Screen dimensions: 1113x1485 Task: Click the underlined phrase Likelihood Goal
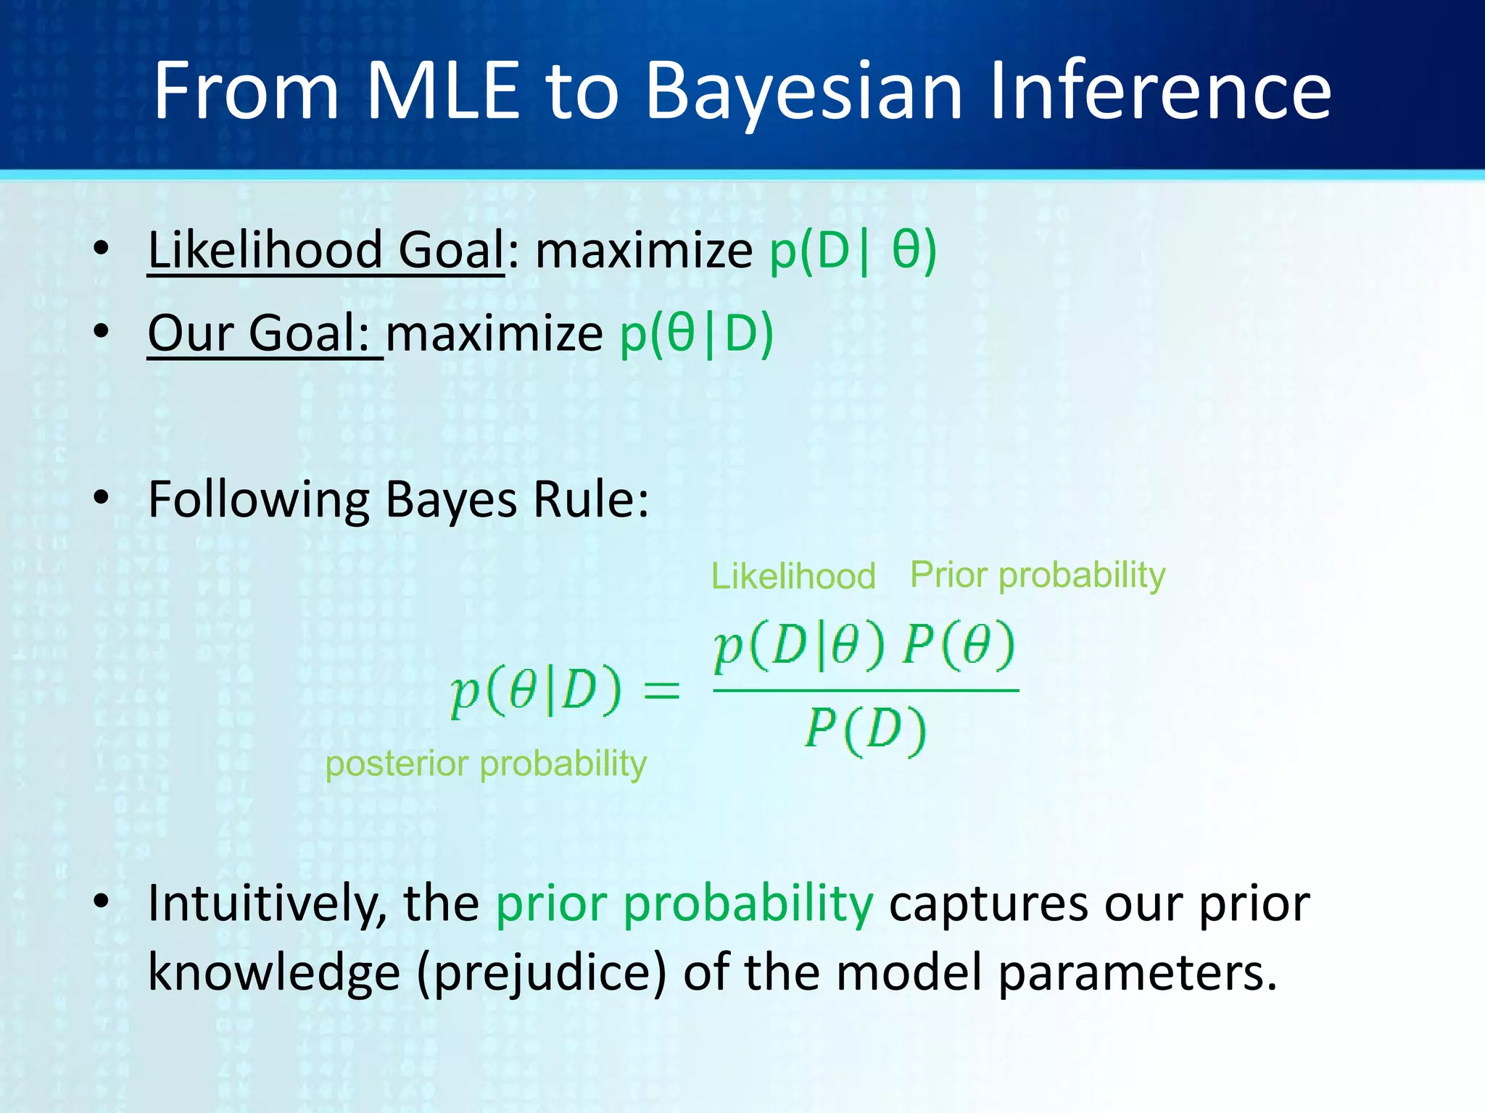pyautogui.click(x=326, y=250)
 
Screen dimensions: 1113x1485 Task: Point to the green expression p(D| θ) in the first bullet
pyautogui.click(x=853, y=250)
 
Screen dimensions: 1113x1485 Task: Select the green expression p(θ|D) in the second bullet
pyautogui.click(x=697, y=333)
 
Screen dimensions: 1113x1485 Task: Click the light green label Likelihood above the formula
pyautogui.click(x=793, y=576)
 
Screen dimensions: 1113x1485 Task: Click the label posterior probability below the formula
pyautogui.click(x=486, y=764)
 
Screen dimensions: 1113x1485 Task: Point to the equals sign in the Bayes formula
pyautogui.click(x=662, y=689)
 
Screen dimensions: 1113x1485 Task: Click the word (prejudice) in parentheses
pyautogui.click(x=541, y=972)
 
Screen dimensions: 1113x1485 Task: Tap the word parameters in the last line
pyautogui.click(x=1136, y=972)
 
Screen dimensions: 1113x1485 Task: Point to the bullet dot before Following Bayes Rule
pyautogui.click(x=101, y=498)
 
